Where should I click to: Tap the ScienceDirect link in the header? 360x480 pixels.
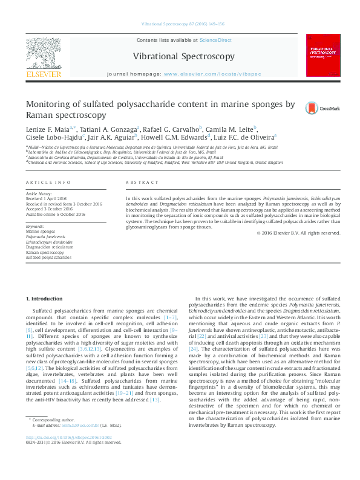pyautogui.click(x=215, y=40)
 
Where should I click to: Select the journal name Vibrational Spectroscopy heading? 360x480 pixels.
pyautogui.click(x=184, y=56)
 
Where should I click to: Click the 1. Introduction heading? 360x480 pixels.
pyautogui.click(x=46, y=299)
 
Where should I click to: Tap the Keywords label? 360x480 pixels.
pyautogui.click(x=35, y=225)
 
